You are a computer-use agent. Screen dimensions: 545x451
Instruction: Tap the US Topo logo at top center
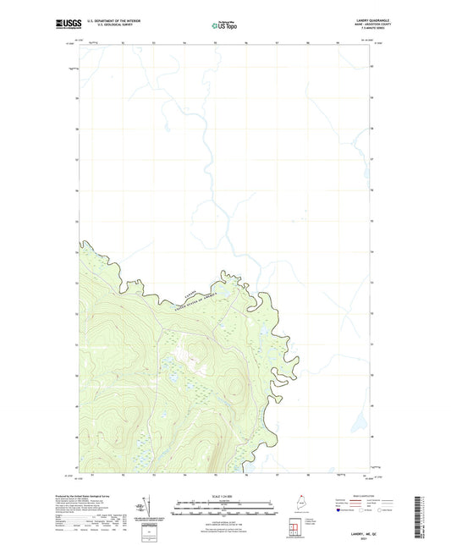pos(224,26)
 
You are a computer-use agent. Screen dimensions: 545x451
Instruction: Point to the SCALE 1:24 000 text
pos(224,497)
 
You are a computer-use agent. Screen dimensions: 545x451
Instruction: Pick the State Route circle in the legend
pos(390,511)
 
